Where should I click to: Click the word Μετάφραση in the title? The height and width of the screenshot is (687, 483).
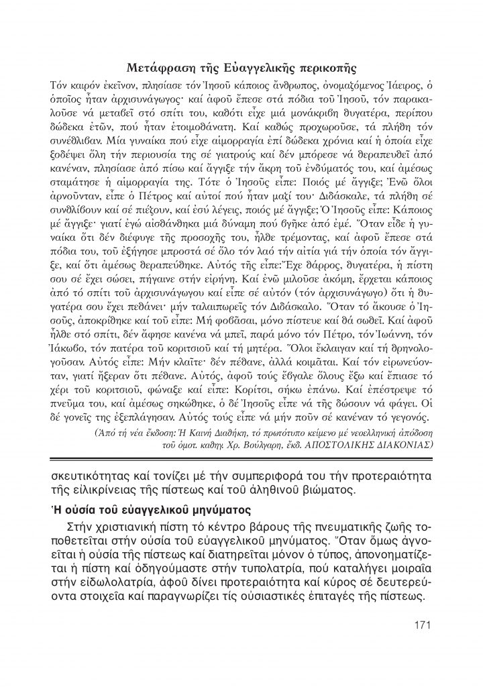(160, 68)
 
